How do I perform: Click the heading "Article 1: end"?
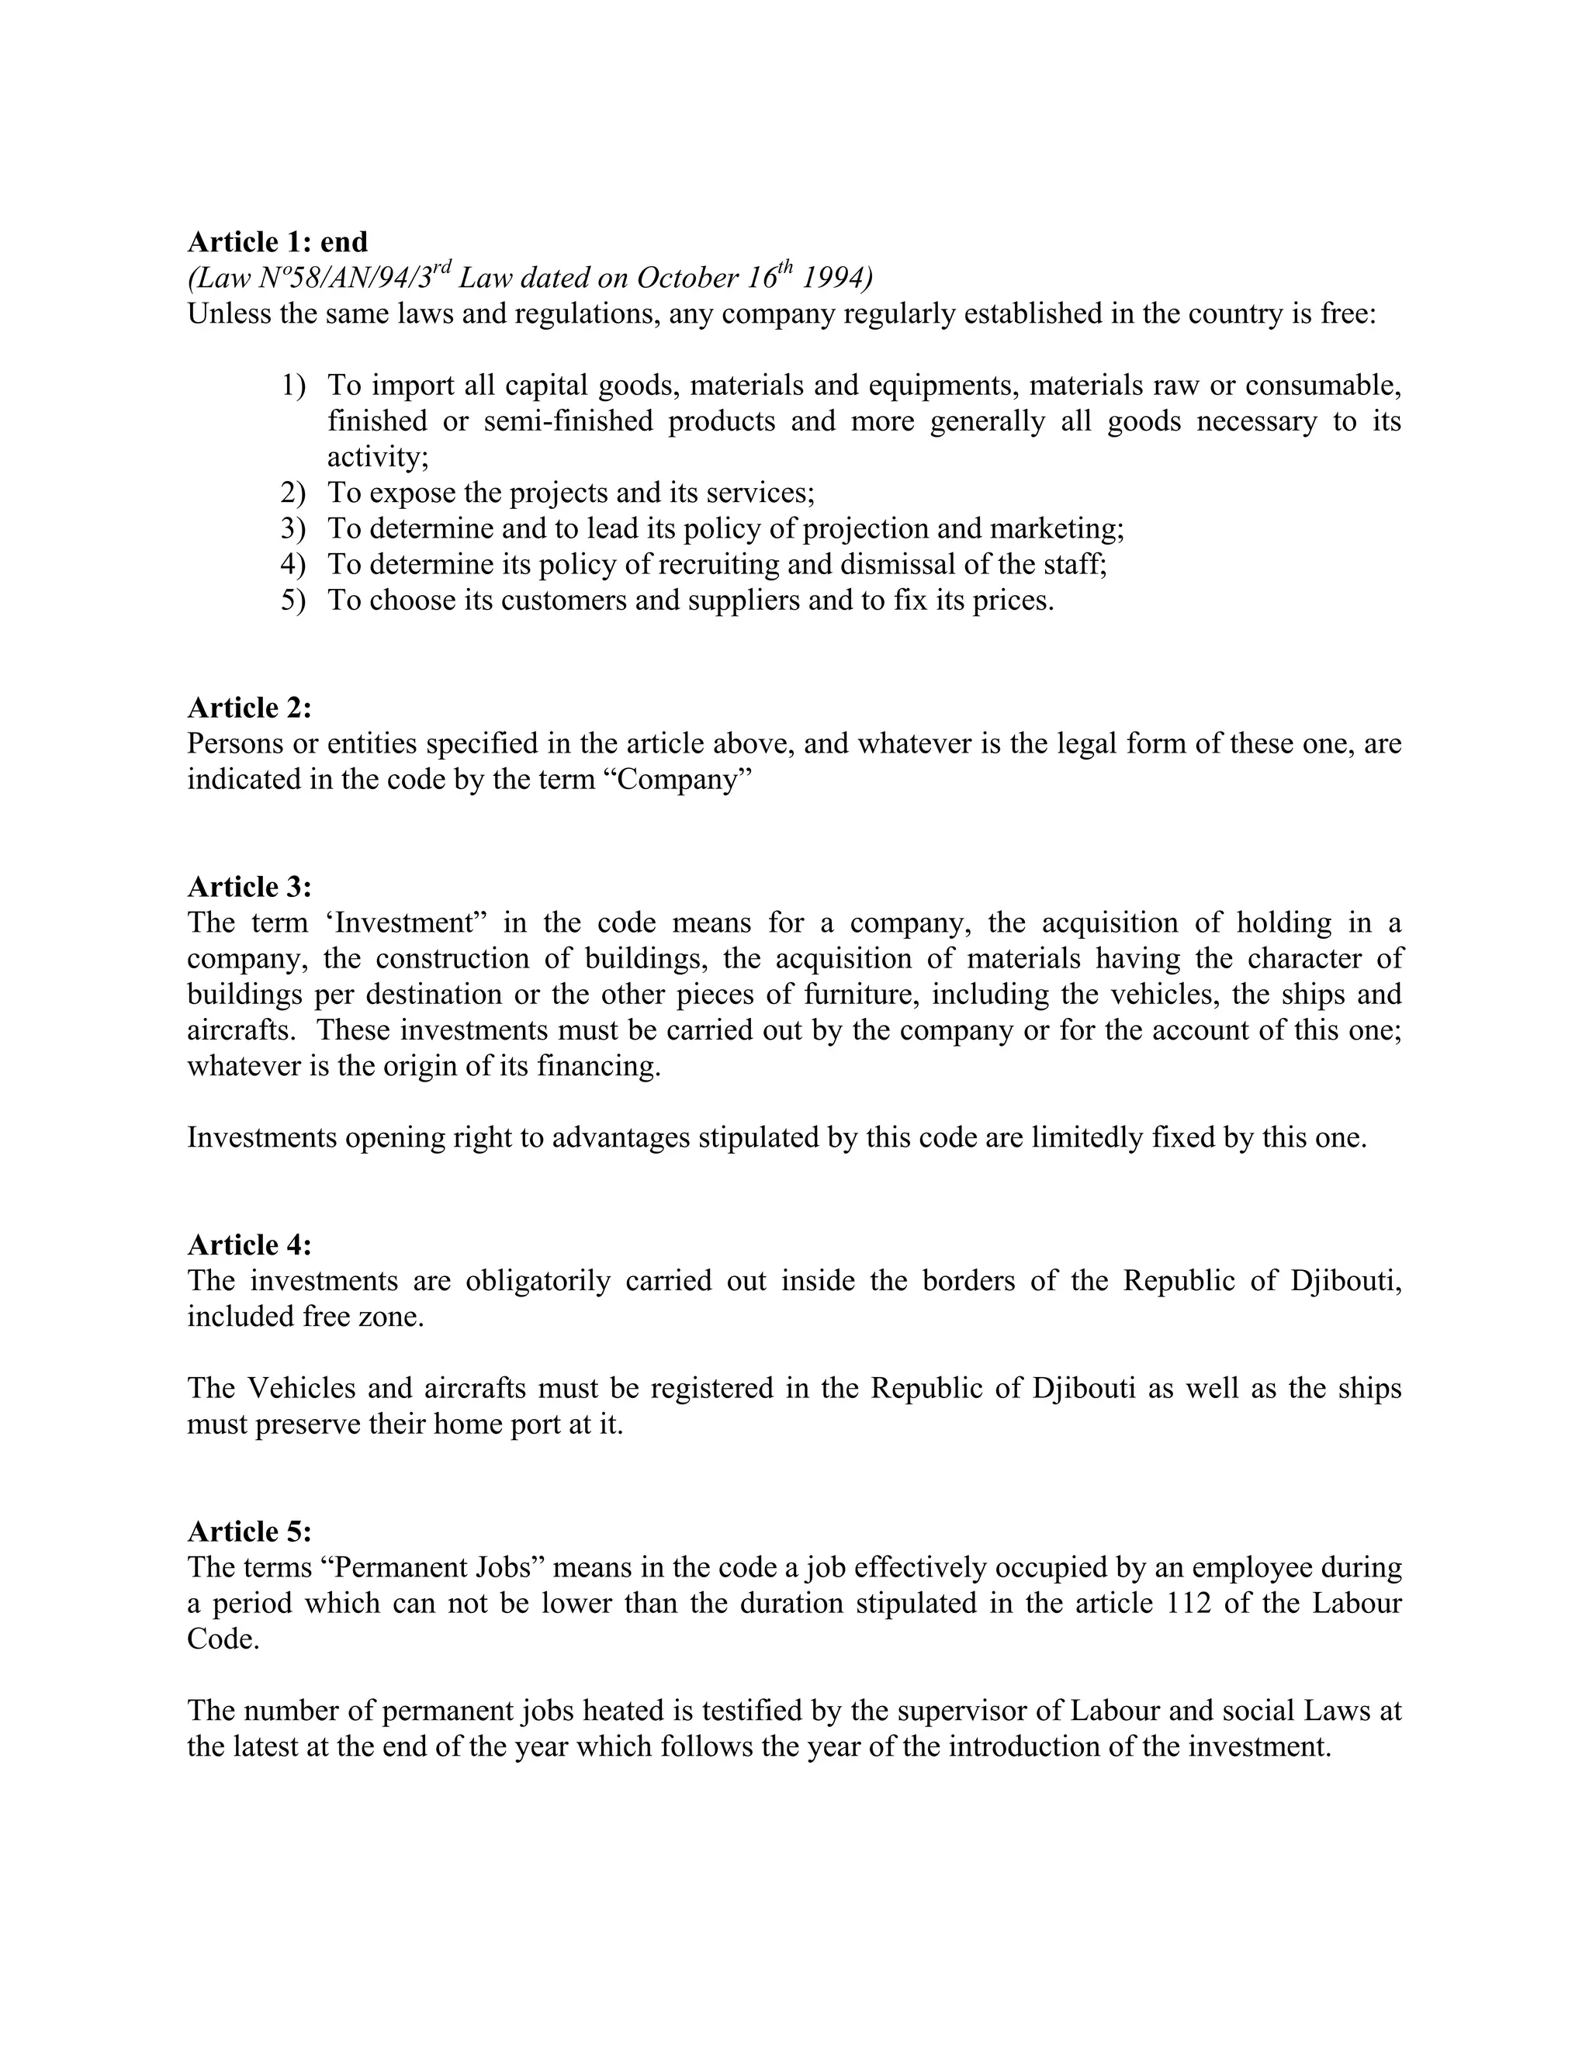coord(278,243)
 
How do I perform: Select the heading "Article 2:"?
coord(250,707)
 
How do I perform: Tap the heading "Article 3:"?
coord(250,887)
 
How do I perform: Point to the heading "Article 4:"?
coord(250,1244)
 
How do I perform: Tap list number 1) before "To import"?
coord(293,386)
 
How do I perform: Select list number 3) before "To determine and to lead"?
coord(293,529)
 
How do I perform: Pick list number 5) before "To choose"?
coord(293,601)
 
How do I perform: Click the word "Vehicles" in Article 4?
coord(301,1388)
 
